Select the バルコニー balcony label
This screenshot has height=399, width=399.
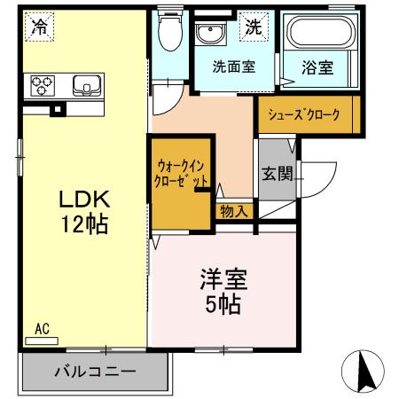click(93, 372)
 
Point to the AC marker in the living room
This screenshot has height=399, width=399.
click(42, 330)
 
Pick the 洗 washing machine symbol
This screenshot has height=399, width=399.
click(254, 27)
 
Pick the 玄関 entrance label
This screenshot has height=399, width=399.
click(276, 172)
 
